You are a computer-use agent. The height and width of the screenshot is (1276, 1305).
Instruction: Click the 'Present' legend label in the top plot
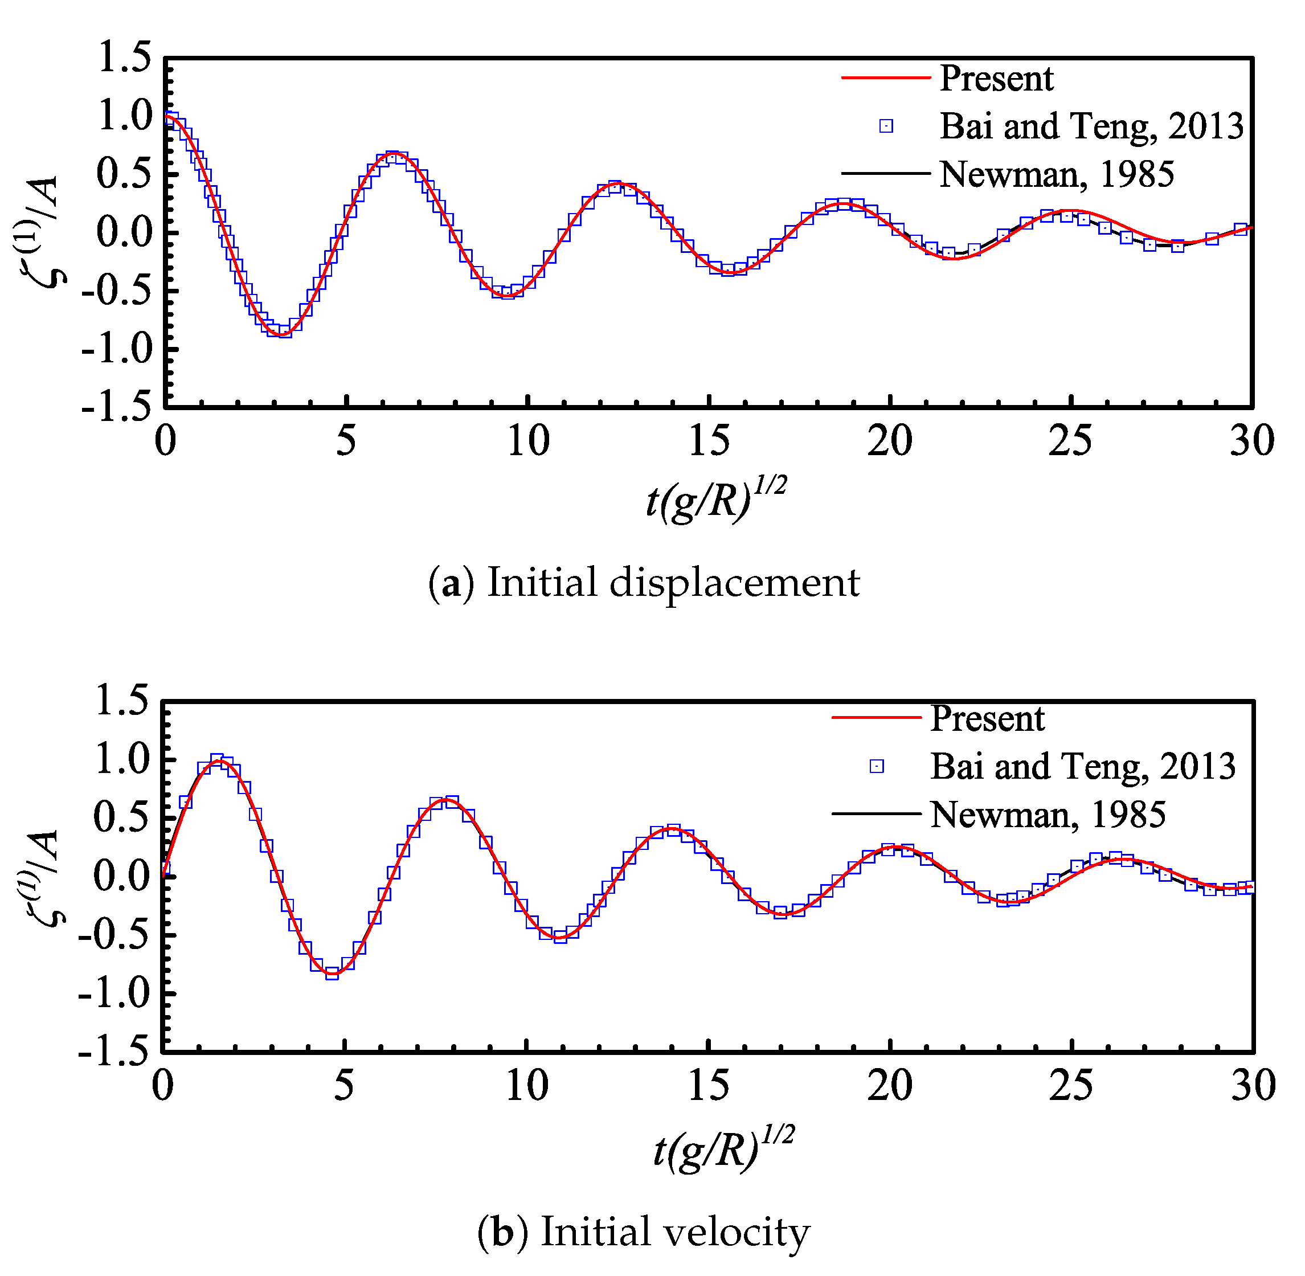[996, 79]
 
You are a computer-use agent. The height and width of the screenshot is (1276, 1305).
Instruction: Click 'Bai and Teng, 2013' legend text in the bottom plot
[1082, 766]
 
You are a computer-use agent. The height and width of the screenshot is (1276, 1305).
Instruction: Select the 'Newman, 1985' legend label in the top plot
[1056, 174]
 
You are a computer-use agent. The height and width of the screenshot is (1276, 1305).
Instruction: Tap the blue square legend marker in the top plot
[886, 126]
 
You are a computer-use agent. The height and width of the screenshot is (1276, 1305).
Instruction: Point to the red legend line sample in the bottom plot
[876, 718]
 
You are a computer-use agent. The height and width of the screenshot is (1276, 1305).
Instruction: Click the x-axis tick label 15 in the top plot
[709, 441]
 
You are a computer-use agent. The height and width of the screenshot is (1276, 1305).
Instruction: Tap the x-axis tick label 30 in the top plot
[1251, 441]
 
